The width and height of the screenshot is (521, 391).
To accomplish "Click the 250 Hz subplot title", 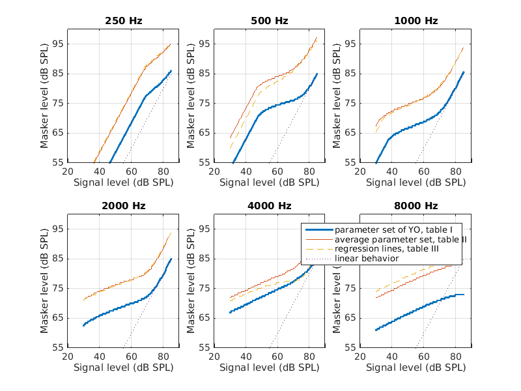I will (123, 21).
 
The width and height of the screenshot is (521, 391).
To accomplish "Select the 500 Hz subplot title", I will (269, 21).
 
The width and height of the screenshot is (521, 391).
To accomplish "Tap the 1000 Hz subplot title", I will (415, 21).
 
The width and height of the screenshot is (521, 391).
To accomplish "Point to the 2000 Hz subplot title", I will (123, 206).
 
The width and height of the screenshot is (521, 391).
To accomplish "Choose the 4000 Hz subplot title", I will (269, 206).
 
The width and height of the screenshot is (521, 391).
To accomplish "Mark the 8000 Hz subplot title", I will (415, 206).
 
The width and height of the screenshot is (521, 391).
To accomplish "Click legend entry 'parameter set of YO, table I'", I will (397, 231).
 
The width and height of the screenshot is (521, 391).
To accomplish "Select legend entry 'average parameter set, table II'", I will (400, 240).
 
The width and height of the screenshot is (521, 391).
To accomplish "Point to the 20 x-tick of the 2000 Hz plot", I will (68, 356).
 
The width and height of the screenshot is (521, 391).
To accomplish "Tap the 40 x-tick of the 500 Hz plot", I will (246, 171).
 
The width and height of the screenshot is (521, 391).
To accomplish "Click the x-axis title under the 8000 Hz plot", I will (415, 368).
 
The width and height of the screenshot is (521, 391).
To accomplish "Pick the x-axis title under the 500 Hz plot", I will (269, 182).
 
